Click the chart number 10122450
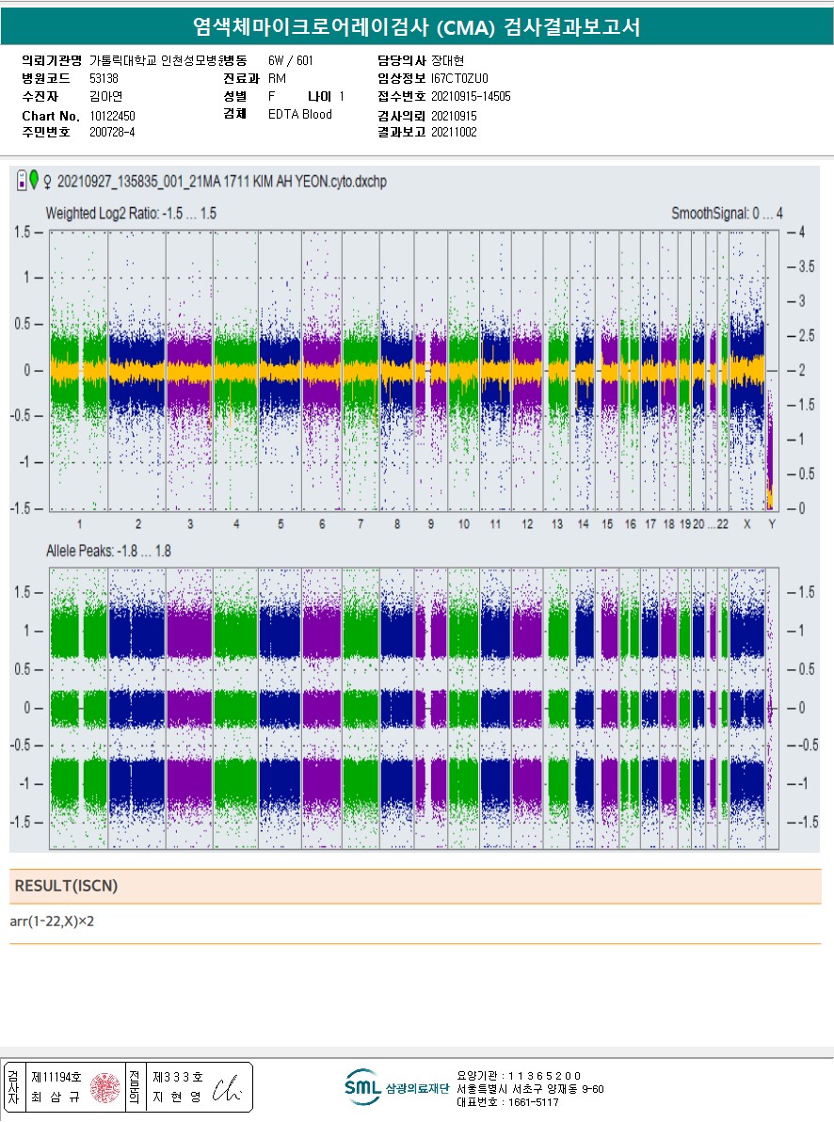(x=113, y=115)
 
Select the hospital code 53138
(x=104, y=78)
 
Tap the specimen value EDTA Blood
(x=300, y=115)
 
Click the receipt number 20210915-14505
(x=471, y=96)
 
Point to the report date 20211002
(x=454, y=133)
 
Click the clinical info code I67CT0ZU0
(x=459, y=78)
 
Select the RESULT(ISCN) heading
(x=66, y=886)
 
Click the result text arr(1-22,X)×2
(x=52, y=921)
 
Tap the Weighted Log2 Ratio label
(x=131, y=215)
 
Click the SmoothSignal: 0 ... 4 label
(x=727, y=215)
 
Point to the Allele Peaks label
(x=108, y=551)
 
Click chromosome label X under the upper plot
(x=747, y=524)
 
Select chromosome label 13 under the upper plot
(x=557, y=524)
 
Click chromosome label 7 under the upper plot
(x=361, y=524)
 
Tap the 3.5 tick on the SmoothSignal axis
(x=807, y=266)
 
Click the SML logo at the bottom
(x=361, y=1087)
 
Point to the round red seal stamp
(x=104, y=1087)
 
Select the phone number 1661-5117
(x=536, y=1102)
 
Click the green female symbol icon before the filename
(x=35, y=179)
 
